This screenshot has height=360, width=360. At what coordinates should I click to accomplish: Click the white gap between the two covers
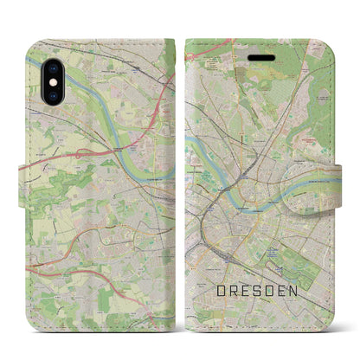pos(180,173)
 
